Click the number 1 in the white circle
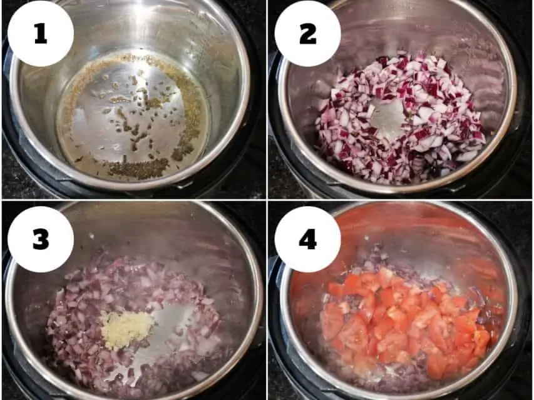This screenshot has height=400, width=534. click(41, 35)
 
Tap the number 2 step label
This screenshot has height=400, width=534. click(307, 35)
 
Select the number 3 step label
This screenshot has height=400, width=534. click(41, 239)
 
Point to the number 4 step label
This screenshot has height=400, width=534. click(308, 239)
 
